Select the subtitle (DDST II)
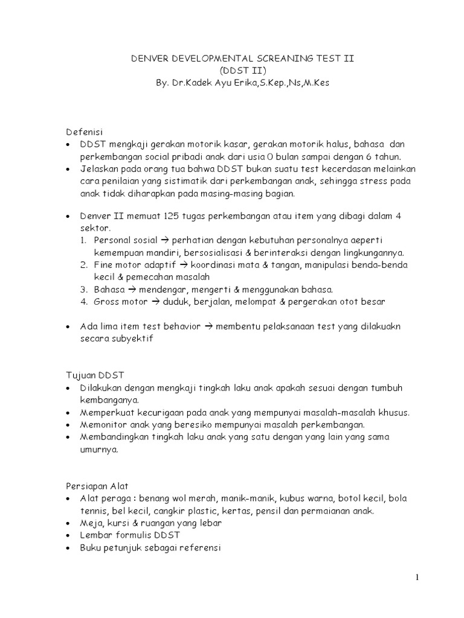[x=231, y=70]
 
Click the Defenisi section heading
[x=85, y=132]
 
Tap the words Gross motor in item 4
[x=118, y=301]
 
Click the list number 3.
[x=84, y=289]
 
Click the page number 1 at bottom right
[x=416, y=578]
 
